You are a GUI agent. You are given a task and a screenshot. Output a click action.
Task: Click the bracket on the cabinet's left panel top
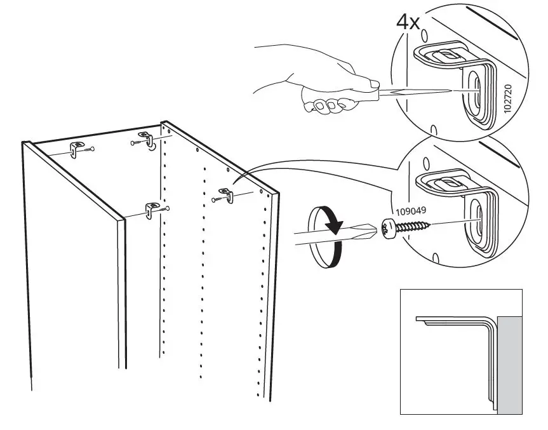pyautogui.click(x=76, y=150)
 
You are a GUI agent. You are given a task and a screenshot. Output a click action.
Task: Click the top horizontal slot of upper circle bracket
pyautogui.click(x=449, y=55)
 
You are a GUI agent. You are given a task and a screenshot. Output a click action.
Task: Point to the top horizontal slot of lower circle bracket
pyautogui.click(x=449, y=182)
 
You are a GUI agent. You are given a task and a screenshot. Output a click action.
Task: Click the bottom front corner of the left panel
pyautogui.click(x=32, y=389)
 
